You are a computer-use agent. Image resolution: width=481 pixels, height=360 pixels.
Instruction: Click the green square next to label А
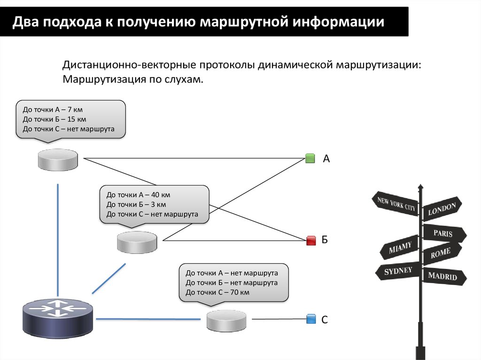310,158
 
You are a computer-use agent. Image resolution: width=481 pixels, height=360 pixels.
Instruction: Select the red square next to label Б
310,241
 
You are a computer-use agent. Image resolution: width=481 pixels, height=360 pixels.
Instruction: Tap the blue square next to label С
310,319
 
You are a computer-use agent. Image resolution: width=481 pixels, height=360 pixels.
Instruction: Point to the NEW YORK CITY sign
396,202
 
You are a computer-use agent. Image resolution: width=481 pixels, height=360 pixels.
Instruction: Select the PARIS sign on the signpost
443,233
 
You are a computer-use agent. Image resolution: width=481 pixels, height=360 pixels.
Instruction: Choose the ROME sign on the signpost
441,253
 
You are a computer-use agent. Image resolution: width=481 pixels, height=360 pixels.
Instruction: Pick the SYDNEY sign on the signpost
397,271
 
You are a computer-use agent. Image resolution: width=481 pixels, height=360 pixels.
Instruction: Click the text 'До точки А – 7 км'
53,109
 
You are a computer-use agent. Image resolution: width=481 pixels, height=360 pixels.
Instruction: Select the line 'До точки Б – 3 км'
136,205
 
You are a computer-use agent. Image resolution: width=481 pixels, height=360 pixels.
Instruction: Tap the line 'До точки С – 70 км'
217,292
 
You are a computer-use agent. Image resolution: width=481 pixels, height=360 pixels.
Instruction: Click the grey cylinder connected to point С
226,321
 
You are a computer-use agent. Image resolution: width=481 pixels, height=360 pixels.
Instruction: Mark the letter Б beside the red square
325,241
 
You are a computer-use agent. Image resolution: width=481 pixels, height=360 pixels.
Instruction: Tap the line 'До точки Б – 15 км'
54,119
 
